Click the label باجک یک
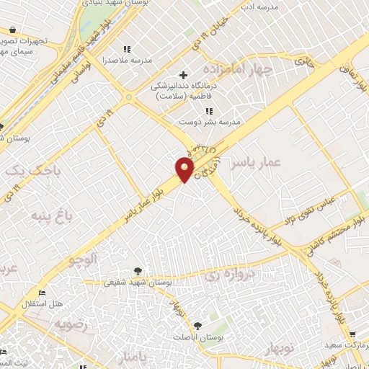[x=24, y=172]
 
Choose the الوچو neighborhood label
[x=83, y=258]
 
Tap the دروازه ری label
[x=223, y=275]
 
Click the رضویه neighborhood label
[x=70, y=324]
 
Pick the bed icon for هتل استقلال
[x=41, y=293]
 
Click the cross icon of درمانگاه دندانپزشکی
[x=183, y=75]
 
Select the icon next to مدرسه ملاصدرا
[x=128, y=49]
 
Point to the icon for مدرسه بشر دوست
[x=209, y=111]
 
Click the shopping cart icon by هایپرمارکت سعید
[x=352, y=335]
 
